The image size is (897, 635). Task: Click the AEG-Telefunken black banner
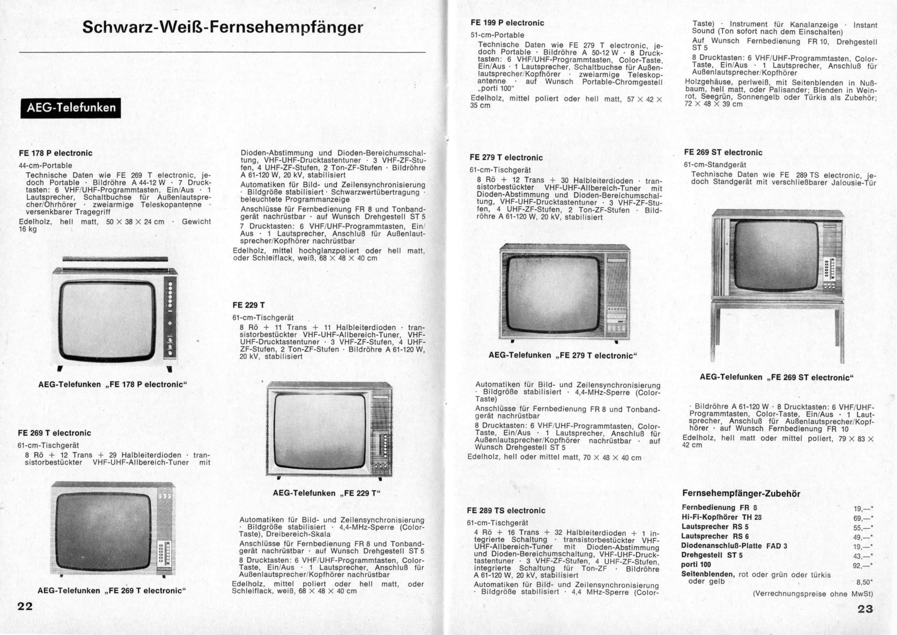pos(70,108)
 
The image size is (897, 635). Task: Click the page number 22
pos(25,606)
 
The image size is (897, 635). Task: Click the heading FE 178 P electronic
pos(55,153)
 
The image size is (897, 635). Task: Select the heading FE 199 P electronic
pos(507,23)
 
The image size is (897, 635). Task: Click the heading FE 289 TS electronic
pos(506,511)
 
